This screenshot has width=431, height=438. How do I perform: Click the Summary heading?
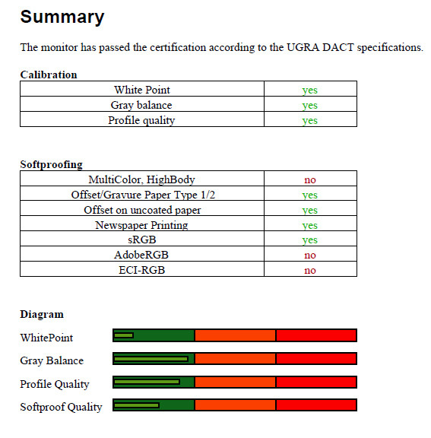pyautogui.click(x=62, y=17)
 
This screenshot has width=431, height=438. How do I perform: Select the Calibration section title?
pyautogui.click(x=49, y=75)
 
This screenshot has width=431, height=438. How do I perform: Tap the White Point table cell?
pyautogui.click(x=142, y=90)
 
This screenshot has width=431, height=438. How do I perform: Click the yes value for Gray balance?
pyautogui.click(x=310, y=105)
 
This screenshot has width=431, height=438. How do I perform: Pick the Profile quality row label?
pyautogui.click(x=141, y=120)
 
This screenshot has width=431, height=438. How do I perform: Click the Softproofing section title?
pyautogui.click(x=52, y=164)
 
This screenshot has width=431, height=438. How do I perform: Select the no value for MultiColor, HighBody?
pyautogui.click(x=310, y=179)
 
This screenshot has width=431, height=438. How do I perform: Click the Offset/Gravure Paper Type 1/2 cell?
pyautogui.click(x=143, y=195)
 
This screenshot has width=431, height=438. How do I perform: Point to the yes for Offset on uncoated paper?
pyautogui.click(x=310, y=210)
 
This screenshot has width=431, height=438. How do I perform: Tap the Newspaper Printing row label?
pyautogui.click(x=141, y=225)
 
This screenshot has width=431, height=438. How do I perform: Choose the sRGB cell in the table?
pyautogui.click(x=142, y=240)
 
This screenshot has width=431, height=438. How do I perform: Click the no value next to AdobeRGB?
pyautogui.click(x=310, y=255)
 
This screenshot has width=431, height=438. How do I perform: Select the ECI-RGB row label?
pyautogui.click(x=142, y=270)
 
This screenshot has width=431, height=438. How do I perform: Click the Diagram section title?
pyautogui.click(x=42, y=315)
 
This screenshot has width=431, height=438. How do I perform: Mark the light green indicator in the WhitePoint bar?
pyautogui.click(x=124, y=335)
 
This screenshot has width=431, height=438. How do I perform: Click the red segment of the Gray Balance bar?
pyautogui.click(x=316, y=359)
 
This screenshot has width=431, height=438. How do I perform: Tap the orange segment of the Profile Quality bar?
pyautogui.click(x=235, y=382)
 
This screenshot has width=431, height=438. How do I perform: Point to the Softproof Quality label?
pyautogui.click(x=61, y=407)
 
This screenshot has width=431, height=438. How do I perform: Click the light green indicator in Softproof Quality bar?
pyautogui.click(x=137, y=405)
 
